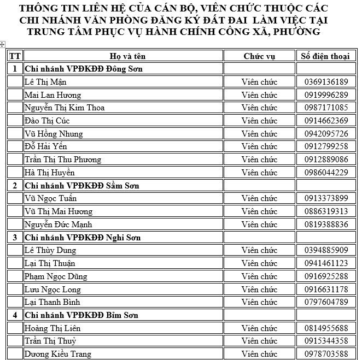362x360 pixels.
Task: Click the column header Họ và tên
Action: click(x=124, y=56)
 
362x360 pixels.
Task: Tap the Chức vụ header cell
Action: click(x=259, y=56)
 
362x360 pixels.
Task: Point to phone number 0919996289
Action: click(x=326, y=95)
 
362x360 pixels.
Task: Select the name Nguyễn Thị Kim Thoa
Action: click(x=65, y=108)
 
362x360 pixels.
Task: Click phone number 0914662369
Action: click(x=326, y=121)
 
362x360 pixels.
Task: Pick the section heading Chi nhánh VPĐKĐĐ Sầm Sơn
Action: click(x=82, y=186)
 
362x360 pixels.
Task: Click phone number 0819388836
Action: click(x=326, y=225)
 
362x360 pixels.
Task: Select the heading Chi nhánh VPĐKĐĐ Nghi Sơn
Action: click(x=83, y=238)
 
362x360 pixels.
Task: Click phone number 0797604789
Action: click(x=326, y=302)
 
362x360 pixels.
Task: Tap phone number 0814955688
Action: click(x=326, y=328)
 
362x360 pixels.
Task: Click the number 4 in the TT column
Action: click(x=15, y=315)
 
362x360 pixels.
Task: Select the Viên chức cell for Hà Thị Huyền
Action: click(x=259, y=173)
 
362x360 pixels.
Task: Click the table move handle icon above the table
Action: click(x=3, y=44)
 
